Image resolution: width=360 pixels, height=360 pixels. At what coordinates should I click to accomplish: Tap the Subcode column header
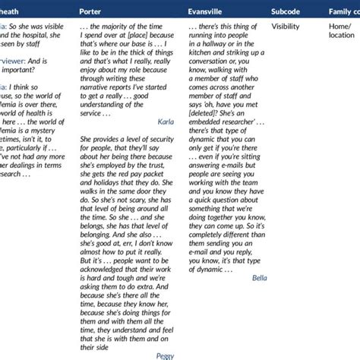(x=289, y=11)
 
